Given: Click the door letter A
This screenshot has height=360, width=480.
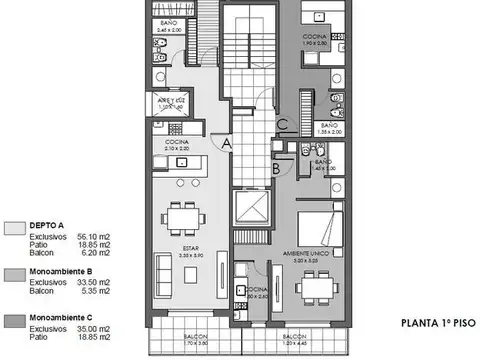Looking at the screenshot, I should coord(228,145).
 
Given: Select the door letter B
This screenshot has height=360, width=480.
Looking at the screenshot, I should coord(275,169).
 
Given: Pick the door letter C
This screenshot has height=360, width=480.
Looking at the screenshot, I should coord(284,125).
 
